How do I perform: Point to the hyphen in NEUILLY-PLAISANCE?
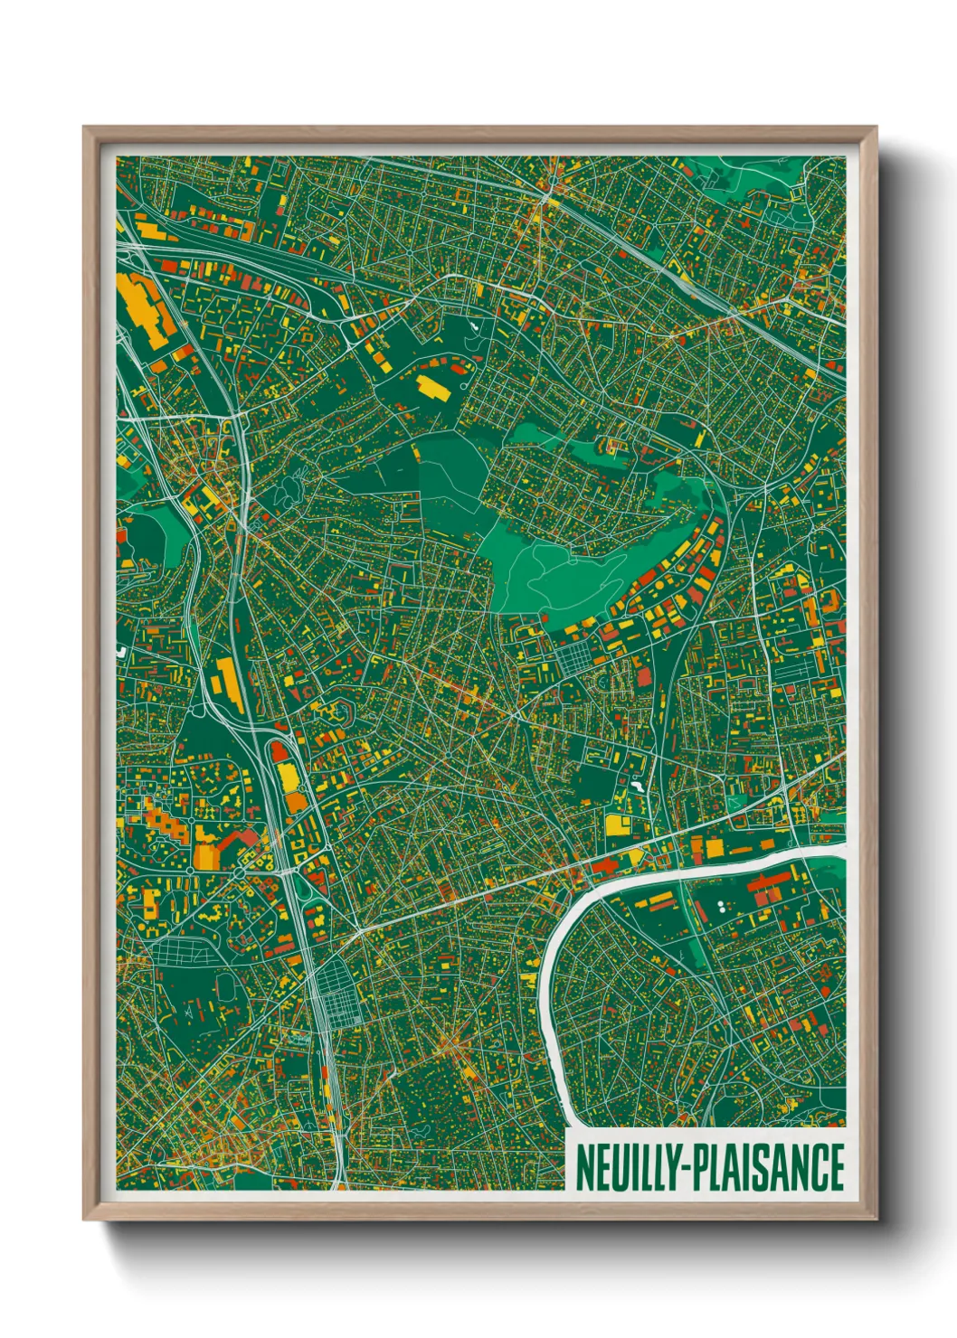[685, 1168]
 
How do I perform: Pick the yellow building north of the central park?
[431, 388]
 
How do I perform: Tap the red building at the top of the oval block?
[280, 750]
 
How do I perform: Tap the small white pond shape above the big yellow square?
[639, 787]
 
